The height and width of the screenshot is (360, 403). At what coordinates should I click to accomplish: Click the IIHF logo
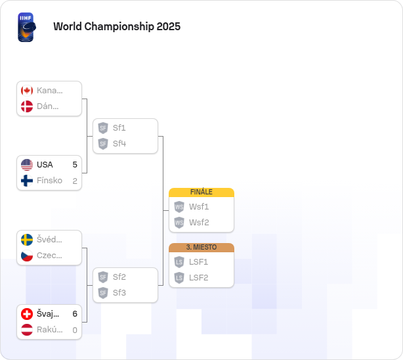[27, 27]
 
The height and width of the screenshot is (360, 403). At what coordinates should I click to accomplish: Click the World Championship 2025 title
[117, 26]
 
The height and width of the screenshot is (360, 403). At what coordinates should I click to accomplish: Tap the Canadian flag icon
[27, 91]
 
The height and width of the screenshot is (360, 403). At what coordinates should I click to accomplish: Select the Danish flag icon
[27, 106]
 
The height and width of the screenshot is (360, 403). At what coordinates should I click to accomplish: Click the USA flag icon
[27, 165]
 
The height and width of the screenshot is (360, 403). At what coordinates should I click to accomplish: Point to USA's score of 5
[75, 165]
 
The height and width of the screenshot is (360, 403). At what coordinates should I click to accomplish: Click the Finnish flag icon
[27, 181]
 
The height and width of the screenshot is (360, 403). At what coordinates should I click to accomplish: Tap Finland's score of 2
[75, 181]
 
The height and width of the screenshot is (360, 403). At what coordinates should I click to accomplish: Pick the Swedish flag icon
[27, 240]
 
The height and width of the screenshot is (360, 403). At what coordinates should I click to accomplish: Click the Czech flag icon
[27, 256]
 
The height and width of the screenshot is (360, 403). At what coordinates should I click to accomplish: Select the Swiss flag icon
[27, 314]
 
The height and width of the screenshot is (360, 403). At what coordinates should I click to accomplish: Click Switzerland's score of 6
[75, 314]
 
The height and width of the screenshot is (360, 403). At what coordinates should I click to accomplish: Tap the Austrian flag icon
[27, 330]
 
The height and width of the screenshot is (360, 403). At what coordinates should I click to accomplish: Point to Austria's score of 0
[75, 330]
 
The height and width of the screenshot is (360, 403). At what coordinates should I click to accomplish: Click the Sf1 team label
[119, 128]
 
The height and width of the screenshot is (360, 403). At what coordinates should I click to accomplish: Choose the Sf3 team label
[119, 293]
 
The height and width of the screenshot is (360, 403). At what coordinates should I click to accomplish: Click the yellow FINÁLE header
[201, 192]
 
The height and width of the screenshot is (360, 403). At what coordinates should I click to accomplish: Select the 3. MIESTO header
[201, 247]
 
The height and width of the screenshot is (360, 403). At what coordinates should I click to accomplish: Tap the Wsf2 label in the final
[199, 223]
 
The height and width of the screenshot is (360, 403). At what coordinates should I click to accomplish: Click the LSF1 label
[198, 262]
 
